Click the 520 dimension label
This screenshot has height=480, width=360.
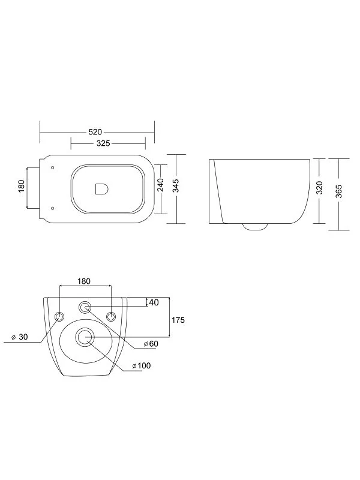(95, 132)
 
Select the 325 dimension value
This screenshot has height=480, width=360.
(103, 143)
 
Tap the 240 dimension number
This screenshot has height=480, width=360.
(161, 185)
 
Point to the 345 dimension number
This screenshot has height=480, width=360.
(176, 186)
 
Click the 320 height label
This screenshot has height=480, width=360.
(319, 188)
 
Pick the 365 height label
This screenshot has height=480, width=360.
(339, 191)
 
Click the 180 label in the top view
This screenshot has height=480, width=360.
(22, 186)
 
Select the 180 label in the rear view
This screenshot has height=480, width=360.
(84, 281)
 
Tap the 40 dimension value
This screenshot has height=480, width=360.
(154, 302)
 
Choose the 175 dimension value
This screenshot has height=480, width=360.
(178, 320)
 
